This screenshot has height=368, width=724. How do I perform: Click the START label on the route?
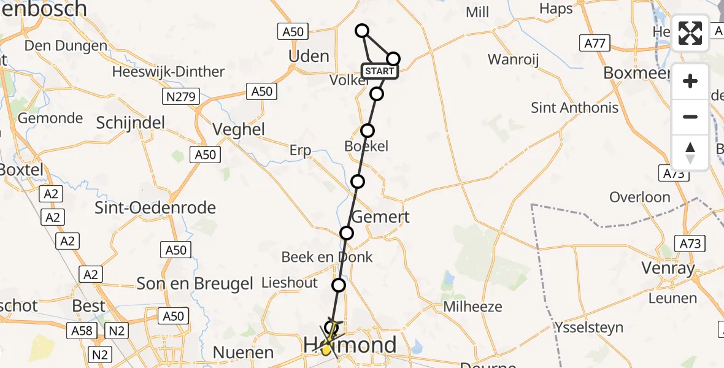point(379,72)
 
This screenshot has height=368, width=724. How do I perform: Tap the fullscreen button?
point(690,33)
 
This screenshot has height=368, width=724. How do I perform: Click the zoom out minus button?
point(690,117)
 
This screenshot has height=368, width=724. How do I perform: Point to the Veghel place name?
point(238,129)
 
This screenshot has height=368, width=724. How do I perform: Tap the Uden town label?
point(309,56)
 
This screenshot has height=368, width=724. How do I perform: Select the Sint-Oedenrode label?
point(155,207)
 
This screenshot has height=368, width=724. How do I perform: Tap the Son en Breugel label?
point(195,283)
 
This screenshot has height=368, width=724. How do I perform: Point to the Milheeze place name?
point(473,307)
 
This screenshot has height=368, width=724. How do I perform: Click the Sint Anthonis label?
point(574,108)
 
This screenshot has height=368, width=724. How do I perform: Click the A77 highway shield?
point(595,43)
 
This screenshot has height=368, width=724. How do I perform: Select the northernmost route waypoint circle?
point(362,31)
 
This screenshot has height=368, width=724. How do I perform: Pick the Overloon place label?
point(640,197)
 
